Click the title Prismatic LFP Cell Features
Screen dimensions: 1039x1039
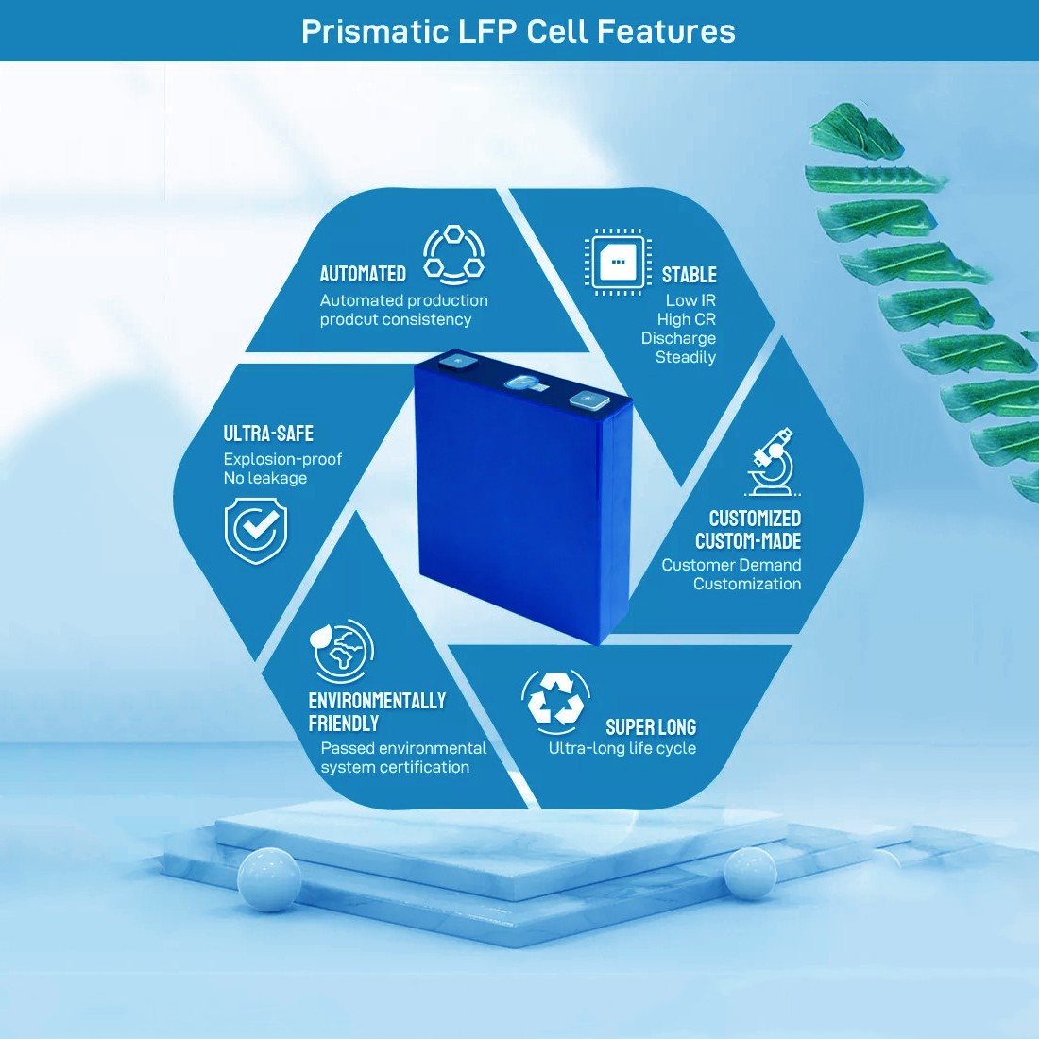tap(519, 31)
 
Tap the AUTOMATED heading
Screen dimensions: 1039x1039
tap(363, 274)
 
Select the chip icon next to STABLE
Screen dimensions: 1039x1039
tap(618, 261)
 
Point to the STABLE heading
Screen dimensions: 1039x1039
tap(689, 275)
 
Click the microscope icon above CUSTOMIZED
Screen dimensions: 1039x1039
tap(772, 462)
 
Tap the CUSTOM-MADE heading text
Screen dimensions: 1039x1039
tap(748, 541)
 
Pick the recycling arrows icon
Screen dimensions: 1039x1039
tap(555, 701)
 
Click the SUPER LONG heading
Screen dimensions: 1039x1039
tap(651, 727)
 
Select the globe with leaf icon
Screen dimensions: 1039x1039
tap(342, 650)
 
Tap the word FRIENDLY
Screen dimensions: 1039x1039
tap(344, 724)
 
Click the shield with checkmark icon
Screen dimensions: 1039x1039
tap(256, 531)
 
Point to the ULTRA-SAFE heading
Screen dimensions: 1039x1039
tap(268, 434)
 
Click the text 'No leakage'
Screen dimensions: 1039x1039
tap(265, 478)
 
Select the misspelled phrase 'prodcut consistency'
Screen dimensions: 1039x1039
tap(396, 319)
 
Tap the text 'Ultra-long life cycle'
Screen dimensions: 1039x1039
tap(622, 748)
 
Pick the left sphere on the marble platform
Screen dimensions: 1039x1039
tap(269, 878)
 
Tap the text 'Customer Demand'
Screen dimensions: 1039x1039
tap(731, 565)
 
